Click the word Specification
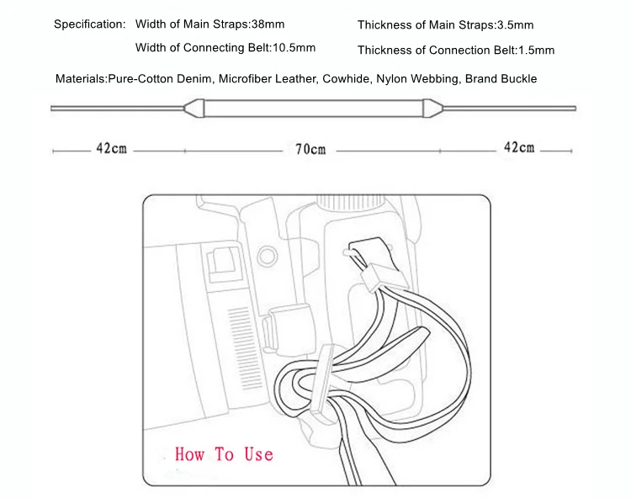click(89, 24)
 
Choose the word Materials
click(81, 79)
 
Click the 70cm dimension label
click(310, 150)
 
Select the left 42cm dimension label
click(111, 149)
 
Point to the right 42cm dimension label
click(518, 148)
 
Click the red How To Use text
click(224, 454)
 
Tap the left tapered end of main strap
click(195, 108)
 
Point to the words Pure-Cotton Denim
click(161, 79)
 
